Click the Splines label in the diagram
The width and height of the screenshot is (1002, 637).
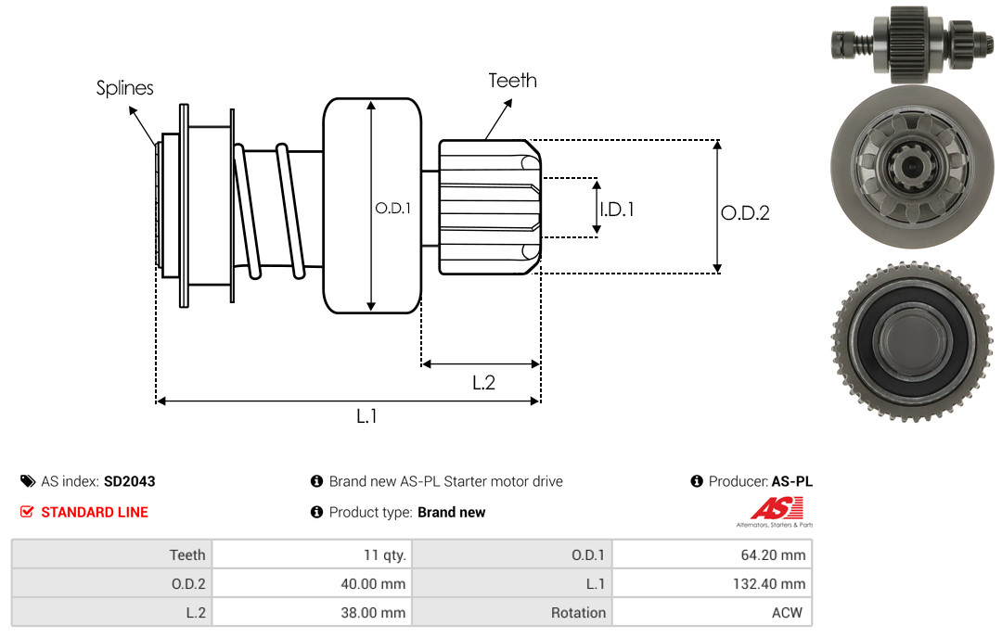124,88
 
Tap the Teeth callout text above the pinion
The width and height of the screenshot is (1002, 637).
512,81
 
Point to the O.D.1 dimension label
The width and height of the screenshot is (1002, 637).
392,209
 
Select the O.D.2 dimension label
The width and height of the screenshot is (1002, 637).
745,212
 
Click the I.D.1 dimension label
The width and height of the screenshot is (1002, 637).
616,210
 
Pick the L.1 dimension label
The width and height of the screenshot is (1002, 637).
366,416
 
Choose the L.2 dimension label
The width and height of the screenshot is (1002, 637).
483,382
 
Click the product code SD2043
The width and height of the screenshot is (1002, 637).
129,481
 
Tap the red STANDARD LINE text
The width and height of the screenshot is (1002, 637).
94,512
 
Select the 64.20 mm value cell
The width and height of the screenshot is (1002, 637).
712,554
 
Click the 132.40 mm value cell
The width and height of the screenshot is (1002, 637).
712,583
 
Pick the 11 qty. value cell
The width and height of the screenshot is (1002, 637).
312,554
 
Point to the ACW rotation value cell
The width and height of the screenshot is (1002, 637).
712,612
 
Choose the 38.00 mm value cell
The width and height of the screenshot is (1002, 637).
312,612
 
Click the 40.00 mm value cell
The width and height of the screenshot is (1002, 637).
312,583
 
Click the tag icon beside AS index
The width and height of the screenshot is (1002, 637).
27,481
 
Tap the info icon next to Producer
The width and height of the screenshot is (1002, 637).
697,481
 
